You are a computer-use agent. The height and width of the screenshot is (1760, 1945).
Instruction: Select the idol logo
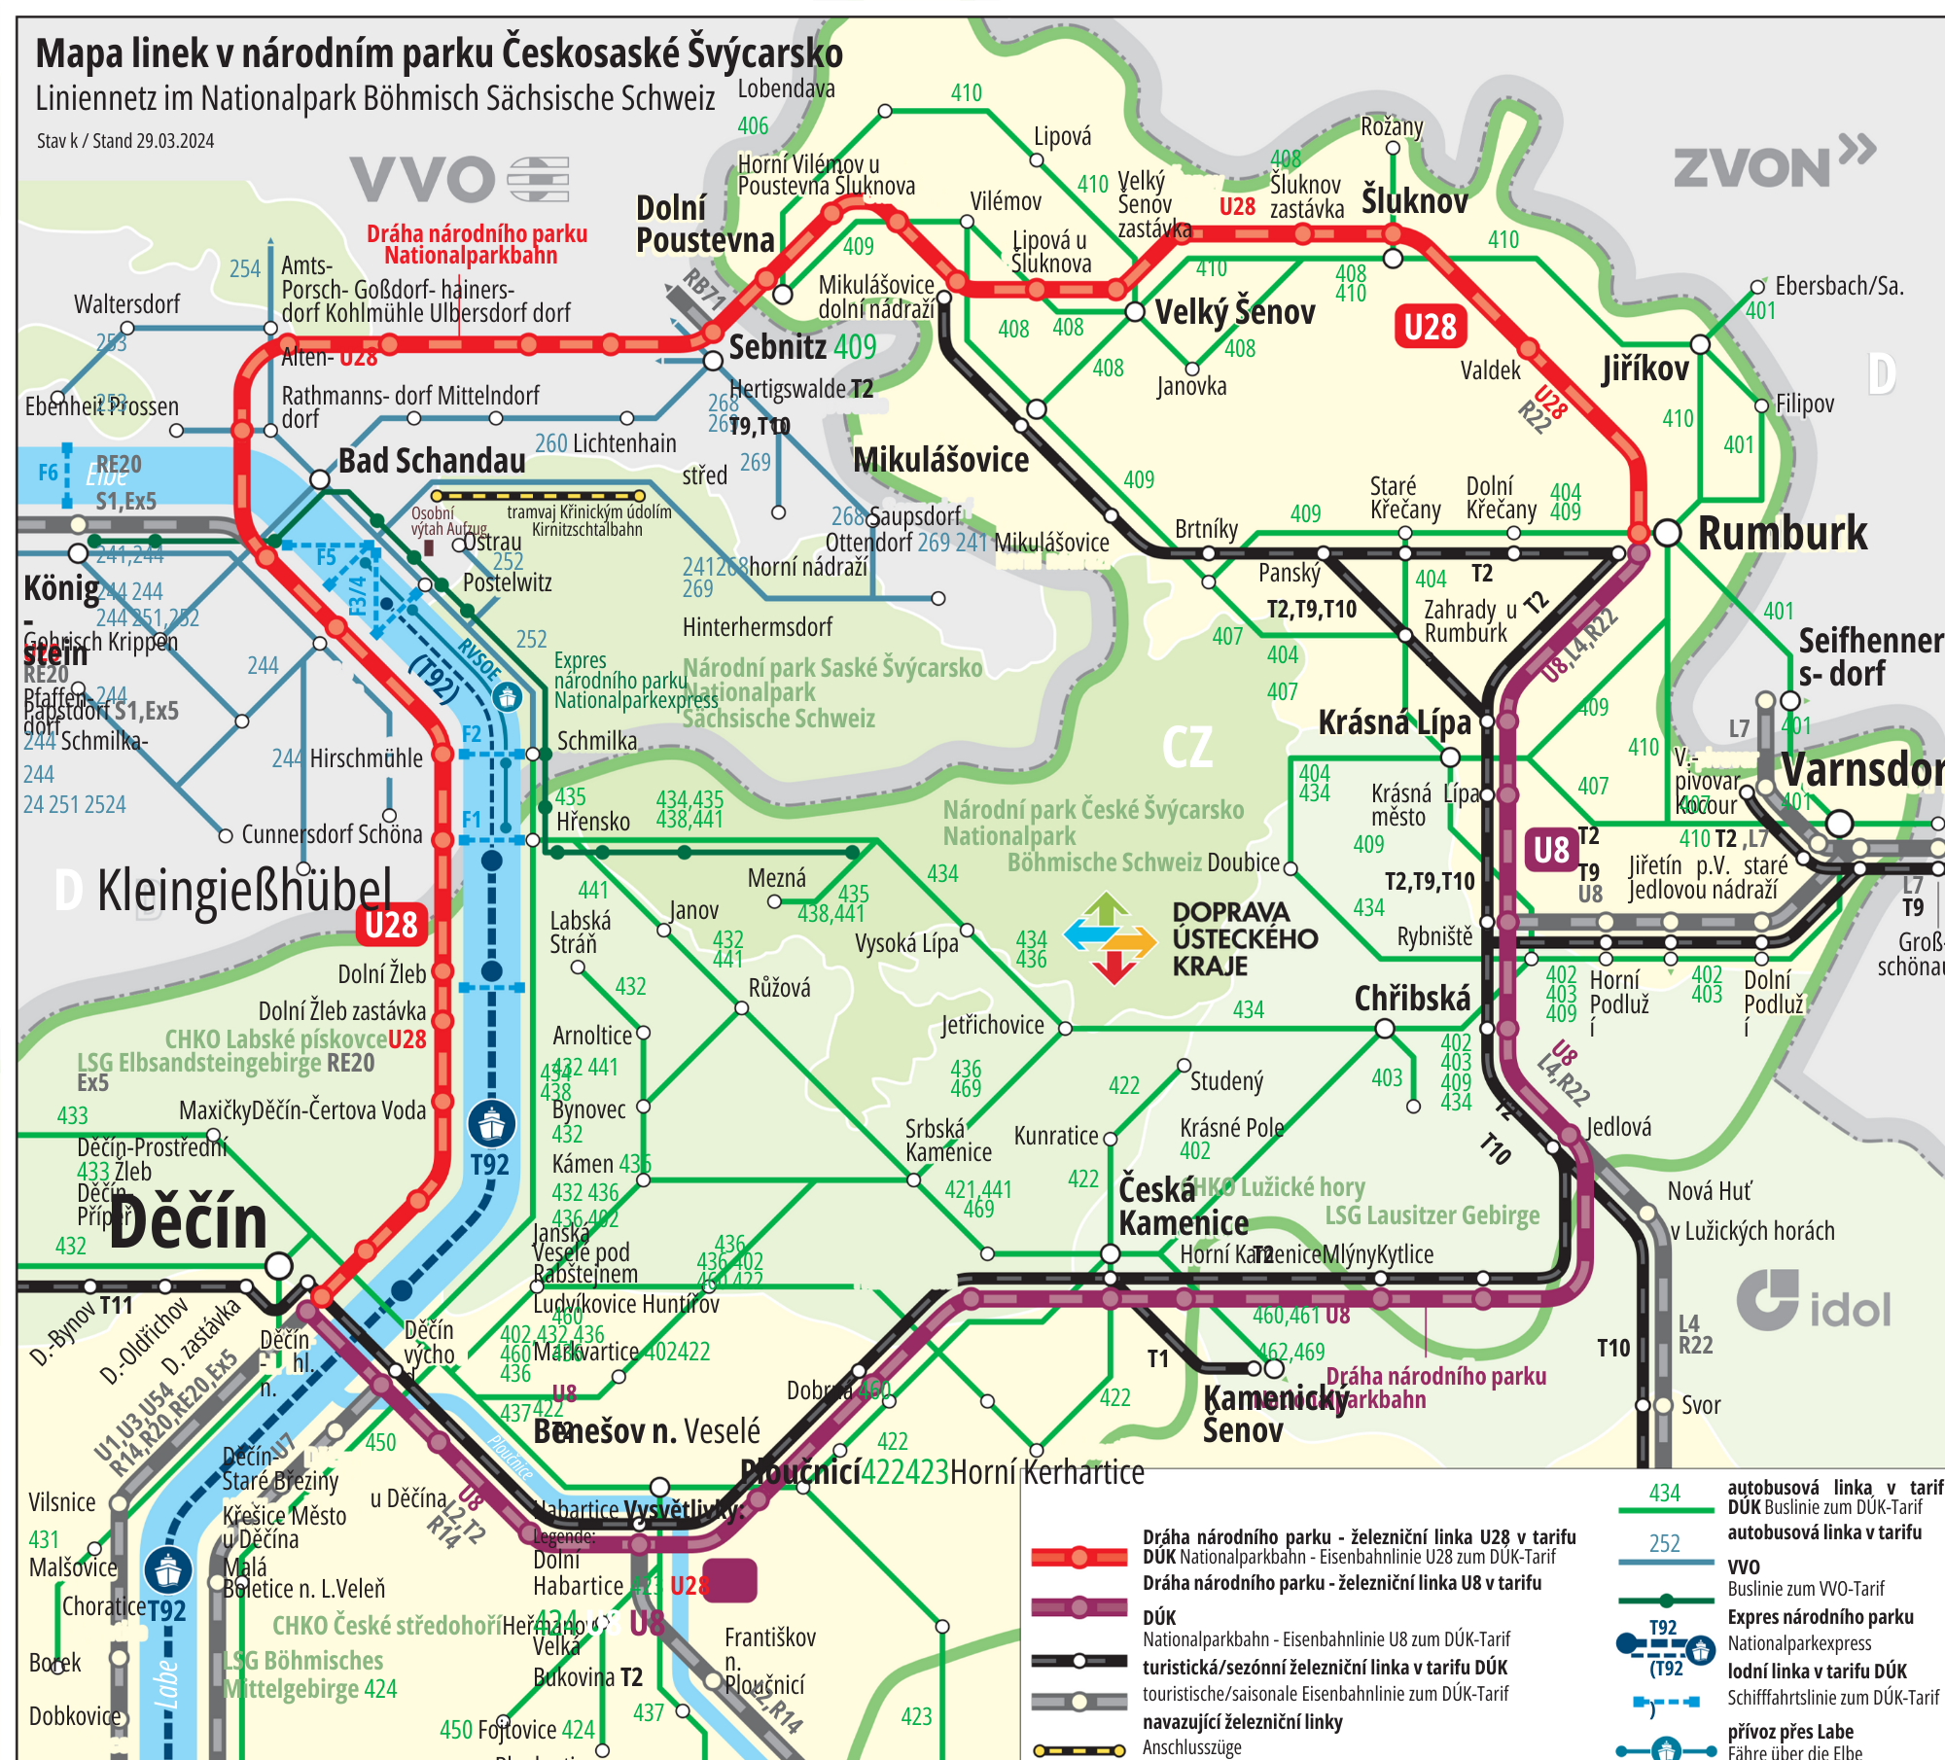click(1815, 1303)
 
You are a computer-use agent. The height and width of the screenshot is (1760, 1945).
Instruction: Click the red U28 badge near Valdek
click(1430, 327)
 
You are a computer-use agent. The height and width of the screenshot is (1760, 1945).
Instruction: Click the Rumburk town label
click(1782, 533)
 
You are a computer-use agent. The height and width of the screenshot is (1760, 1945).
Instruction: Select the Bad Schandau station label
click(432, 460)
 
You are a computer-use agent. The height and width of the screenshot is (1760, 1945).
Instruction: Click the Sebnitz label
click(778, 346)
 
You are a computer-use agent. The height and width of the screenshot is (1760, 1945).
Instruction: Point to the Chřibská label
click(1412, 999)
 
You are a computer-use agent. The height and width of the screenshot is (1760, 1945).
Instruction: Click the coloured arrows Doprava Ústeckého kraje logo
click(1110, 938)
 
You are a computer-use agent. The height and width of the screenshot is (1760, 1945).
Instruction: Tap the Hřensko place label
click(592, 822)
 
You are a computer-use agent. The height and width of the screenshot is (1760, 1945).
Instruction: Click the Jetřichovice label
click(992, 1025)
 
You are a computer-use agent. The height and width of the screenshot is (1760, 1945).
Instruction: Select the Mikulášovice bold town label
click(940, 460)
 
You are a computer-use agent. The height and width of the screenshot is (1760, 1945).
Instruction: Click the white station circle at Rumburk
click(1667, 532)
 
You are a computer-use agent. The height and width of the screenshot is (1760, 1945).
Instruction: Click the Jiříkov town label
click(1645, 369)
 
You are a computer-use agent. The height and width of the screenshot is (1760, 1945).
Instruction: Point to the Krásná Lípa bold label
click(1394, 722)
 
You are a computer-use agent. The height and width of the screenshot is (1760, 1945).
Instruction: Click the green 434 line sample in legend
click(1665, 1510)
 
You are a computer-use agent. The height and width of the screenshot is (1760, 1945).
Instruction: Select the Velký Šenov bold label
click(1234, 312)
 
